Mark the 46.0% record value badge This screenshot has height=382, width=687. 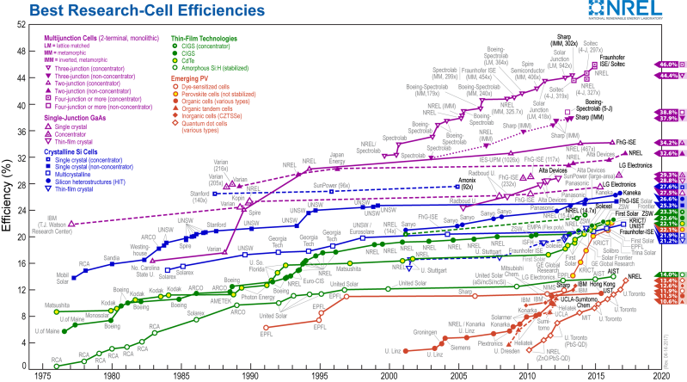click(x=668, y=65)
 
